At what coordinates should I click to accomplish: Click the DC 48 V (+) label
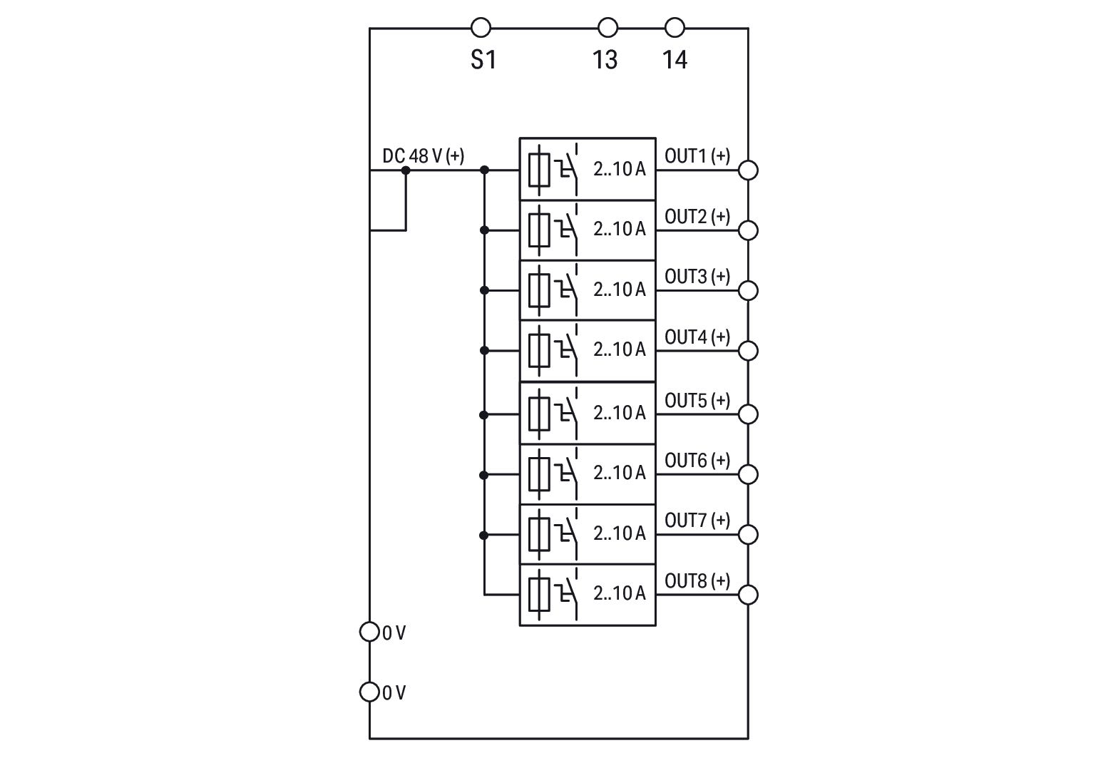(x=424, y=156)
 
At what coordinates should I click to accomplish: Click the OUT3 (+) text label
(x=697, y=277)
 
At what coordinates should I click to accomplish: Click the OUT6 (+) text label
(x=697, y=461)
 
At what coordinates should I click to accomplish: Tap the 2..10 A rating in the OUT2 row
(x=620, y=229)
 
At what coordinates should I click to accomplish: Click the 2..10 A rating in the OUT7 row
(x=620, y=533)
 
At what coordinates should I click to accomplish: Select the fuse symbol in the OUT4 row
(x=539, y=350)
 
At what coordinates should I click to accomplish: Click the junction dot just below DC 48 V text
(x=406, y=170)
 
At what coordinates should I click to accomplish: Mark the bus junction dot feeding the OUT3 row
(x=484, y=290)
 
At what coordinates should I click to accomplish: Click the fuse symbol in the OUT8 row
(x=539, y=594)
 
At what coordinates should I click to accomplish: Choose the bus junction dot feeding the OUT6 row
(x=483, y=475)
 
